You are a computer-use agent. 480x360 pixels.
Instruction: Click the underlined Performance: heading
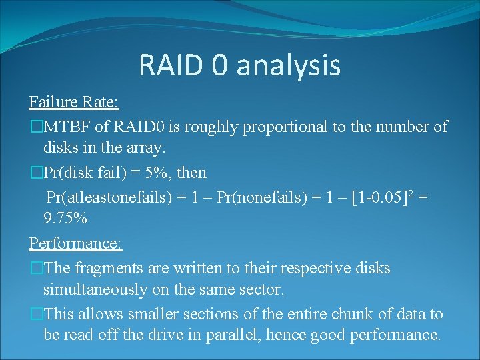coord(75,243)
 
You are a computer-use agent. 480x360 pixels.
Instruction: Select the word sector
coord(263,289)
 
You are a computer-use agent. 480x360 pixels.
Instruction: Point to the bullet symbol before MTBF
coord(36,127)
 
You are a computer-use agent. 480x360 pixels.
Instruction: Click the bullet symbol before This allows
coord(36,315)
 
